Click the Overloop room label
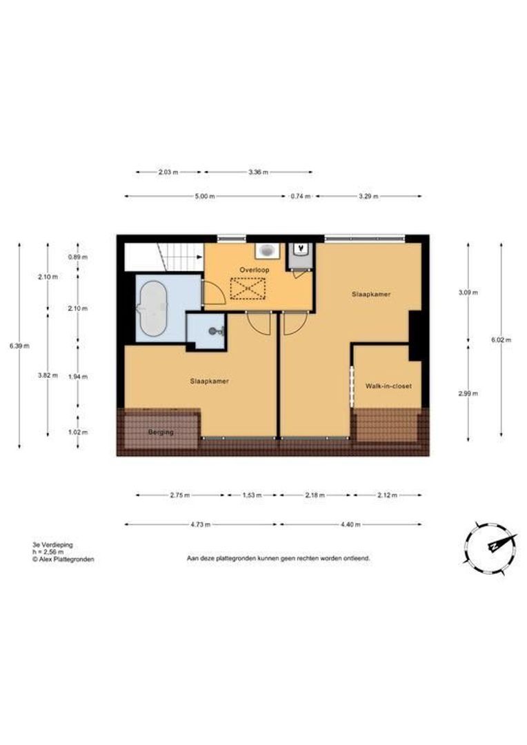tap(255, 270)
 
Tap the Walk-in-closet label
tap(388, 386)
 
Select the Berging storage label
tap(161, 433)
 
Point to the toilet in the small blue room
tap(216, 330)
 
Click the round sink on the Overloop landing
tap(267, 250)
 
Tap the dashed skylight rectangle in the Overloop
tap(247, 288)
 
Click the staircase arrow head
tap(200, 257)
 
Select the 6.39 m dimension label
tap(19, 346)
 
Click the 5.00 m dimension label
tap(205, 196)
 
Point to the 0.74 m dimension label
tap(300, 196)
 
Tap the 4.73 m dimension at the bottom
tap(201, 524)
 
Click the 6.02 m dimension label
tap(501, 339)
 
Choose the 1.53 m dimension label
tap(252, 495)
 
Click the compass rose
tap(490, 548)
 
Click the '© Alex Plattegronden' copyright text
tap(63, 559)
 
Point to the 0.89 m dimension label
tap(78, 257)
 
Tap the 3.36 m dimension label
tap(258, 172)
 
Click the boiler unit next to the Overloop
tap(300, 257)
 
